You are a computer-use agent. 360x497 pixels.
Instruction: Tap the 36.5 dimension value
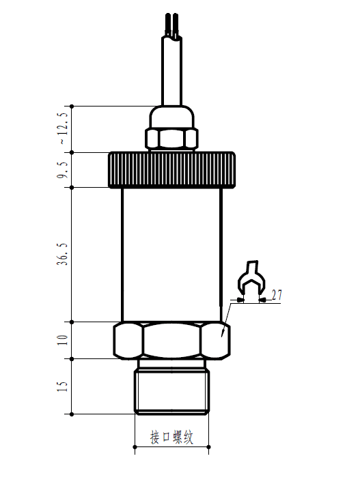64,253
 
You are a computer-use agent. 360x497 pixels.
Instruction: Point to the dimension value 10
64,340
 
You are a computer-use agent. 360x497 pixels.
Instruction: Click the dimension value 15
64,386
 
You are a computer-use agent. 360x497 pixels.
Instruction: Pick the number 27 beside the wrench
277,294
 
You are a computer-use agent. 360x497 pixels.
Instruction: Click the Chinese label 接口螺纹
171,437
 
